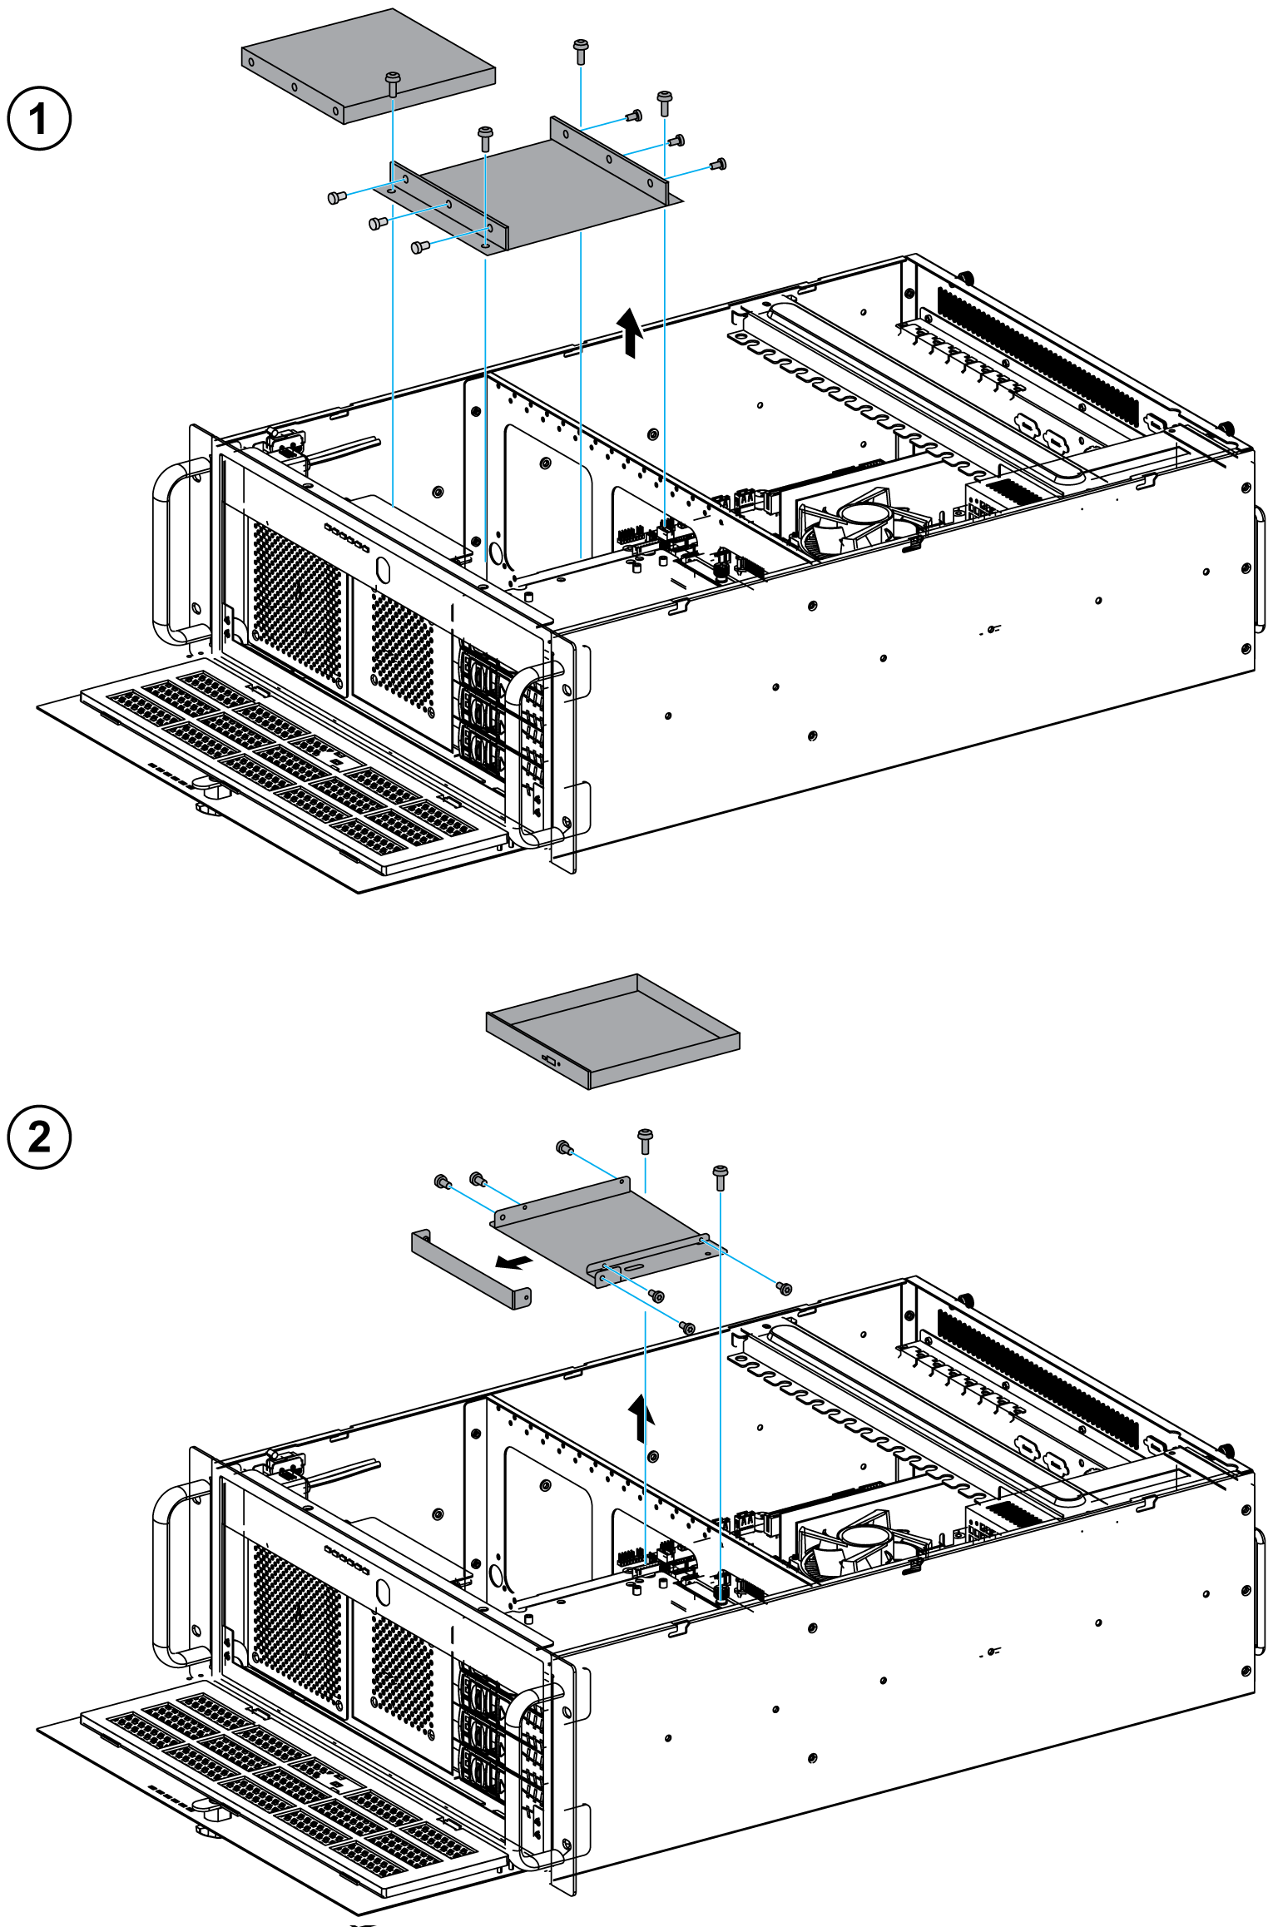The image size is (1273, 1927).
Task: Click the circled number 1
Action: pyautogui.click(x=39, y=118)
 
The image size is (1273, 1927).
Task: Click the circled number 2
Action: pyautogui.click(x=39, y=1137)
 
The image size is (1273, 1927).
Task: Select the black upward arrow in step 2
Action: pyautogui.click(x=640, y=1418)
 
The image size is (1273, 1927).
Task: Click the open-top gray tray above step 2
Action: pyautogui.click(x=613, y=1032)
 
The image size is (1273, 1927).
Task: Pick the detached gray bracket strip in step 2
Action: pyautogui.click(x=471, y=1270)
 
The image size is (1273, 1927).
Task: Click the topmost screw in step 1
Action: pyautogui.click(x=581, y=50)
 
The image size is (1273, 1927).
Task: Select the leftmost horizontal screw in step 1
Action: pyautogui.click(x=337, y=197)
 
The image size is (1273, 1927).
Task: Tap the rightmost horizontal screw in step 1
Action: pyautogui.click(x=720, y=164)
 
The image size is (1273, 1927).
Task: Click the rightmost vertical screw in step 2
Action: pyautogui.click(x=721, y=1178)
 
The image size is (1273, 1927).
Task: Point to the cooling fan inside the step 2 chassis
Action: pyautogui.click(x=857, y=1544)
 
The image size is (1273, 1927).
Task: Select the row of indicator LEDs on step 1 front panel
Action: pyautogui.click(x=346, y=537)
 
